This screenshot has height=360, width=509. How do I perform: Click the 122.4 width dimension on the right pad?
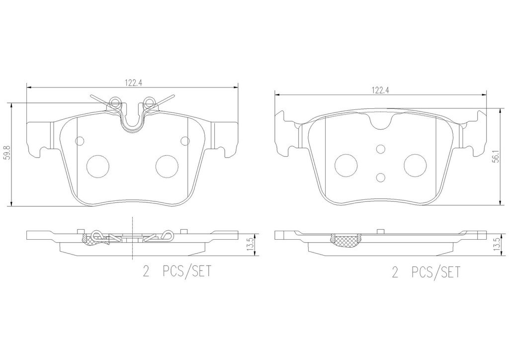[380, 90]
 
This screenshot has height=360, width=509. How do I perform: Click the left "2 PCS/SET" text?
[177, 272]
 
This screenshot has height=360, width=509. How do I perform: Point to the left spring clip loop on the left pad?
[115, 103]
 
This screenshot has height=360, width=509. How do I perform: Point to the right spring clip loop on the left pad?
[148, 103]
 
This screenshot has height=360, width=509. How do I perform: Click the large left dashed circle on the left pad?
[97, 165]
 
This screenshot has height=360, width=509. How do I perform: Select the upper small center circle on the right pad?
[380, 149]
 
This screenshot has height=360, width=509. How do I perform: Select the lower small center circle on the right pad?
[380, 177]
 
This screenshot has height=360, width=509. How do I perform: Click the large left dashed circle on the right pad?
[346, 165]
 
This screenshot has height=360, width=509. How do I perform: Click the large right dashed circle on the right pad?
[415, 165]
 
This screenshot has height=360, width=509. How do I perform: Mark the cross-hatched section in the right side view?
[347, 241]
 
